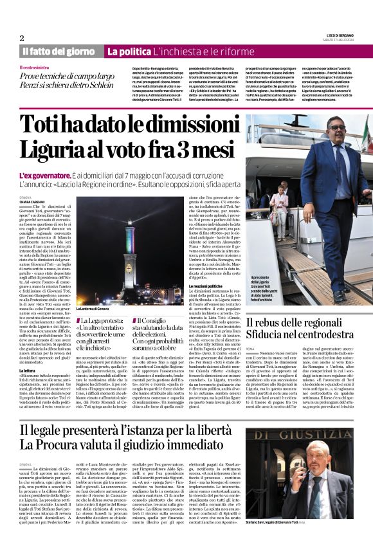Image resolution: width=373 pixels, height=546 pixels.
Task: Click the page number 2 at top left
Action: point(21,37)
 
